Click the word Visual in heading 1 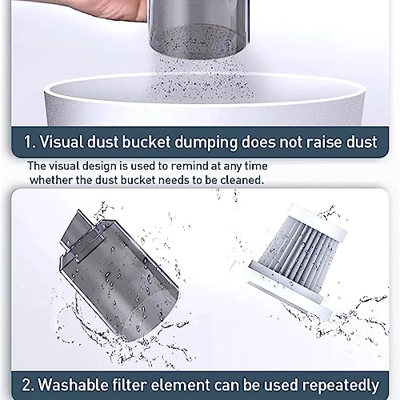[x=62, y=142]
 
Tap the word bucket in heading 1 [x=146, y=142]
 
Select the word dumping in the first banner [x=206, y=142]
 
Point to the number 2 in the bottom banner [x=26, y=386]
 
